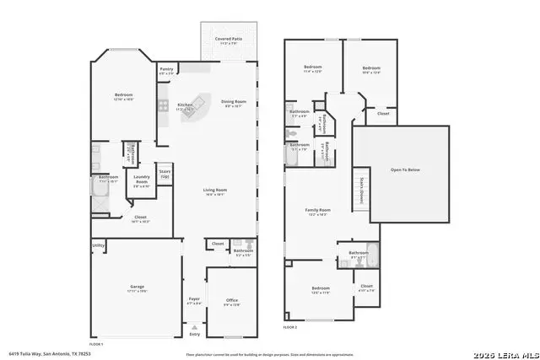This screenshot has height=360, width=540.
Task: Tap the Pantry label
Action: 166,70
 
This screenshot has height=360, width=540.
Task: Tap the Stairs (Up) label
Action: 165,174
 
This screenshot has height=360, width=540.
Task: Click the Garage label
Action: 138,287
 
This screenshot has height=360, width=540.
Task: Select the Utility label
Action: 99,246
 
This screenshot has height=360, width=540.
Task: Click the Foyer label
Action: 194,300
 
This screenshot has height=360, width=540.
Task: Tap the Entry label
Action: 195,334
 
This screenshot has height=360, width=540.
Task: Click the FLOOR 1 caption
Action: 95,344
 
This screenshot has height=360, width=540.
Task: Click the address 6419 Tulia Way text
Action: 49,353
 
